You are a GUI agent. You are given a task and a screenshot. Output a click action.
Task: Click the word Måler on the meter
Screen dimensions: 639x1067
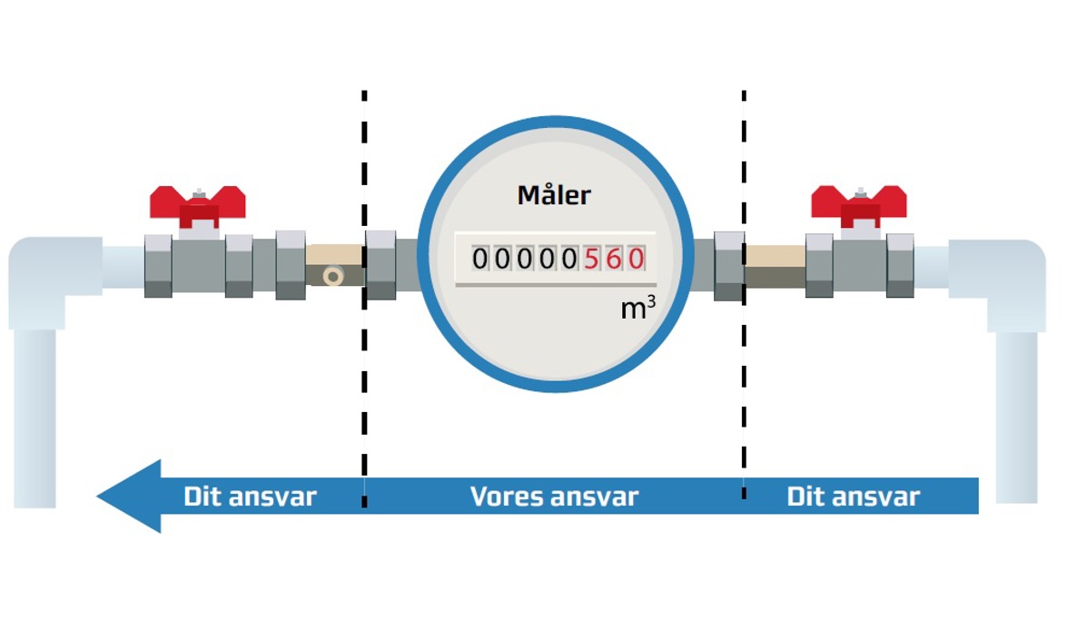tap(554, 194)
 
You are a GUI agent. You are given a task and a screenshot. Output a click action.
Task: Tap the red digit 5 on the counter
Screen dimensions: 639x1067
tap(593, 260)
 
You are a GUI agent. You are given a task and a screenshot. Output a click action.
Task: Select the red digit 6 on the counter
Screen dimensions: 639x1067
tap(615, 260)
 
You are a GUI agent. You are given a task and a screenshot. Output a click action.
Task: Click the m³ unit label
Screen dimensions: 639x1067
tap(637, 309)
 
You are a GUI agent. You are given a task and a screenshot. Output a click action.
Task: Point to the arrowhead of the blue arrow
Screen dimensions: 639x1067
tap(132, 496)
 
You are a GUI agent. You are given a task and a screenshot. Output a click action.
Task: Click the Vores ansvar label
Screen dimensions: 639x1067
tap(554, 496)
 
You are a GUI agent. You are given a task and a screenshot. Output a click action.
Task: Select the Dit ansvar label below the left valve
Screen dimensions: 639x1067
tap(250, 496)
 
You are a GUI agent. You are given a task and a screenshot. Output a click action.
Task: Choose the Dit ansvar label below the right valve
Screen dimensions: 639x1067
tap(853, 496)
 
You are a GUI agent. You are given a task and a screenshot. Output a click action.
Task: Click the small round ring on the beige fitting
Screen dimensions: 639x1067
tap(333, 275)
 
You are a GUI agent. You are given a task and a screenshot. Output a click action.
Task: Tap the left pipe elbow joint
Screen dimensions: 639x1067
tap(45, 272)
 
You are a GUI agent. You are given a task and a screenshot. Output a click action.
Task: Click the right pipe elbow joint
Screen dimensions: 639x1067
tap(1008, 272)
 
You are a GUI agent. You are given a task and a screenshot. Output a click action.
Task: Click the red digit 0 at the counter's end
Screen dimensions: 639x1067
tap(636, 260)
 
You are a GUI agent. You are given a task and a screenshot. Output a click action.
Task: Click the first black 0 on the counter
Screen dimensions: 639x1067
tap(480, 260)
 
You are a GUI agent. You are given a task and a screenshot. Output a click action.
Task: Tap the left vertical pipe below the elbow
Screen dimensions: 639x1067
tap(35, 418)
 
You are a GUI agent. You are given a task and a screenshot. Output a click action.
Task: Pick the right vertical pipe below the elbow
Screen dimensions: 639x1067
tap(1016, 418)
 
